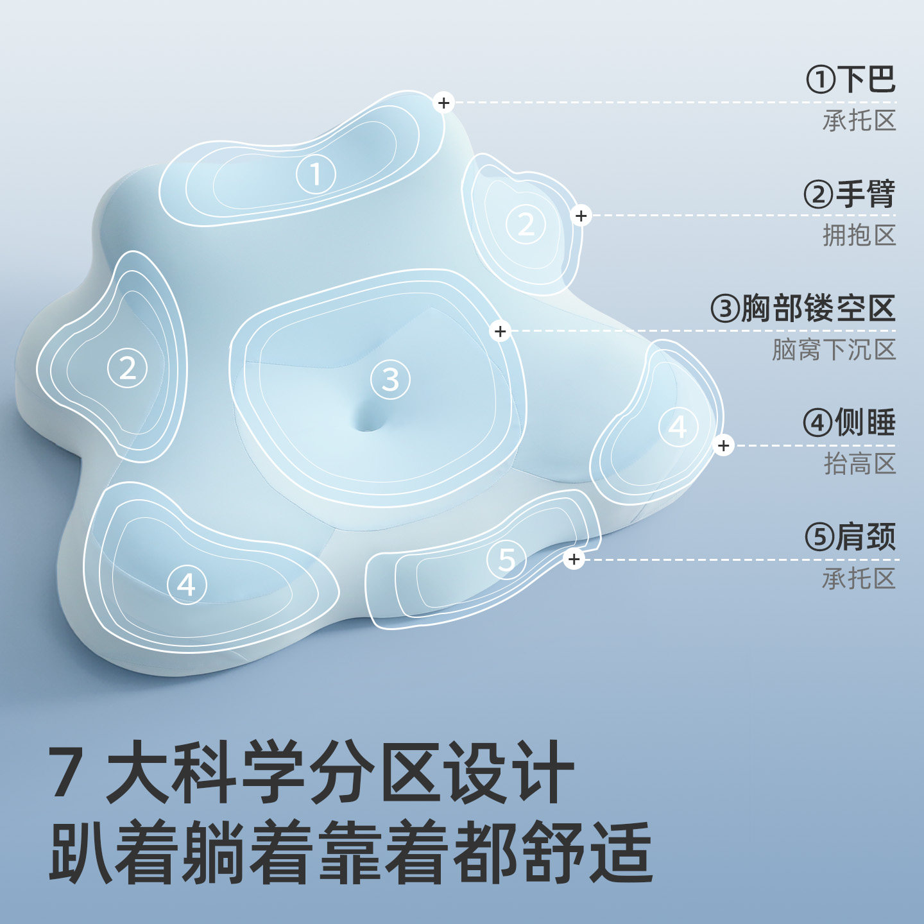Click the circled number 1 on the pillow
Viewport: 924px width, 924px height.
pyautogui.click(x=315, y=175)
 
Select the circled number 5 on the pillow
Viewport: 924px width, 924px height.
pyautogui.click(x=506, y=560)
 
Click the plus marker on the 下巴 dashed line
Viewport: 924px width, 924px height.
pyautogui.click(x=443, y=103)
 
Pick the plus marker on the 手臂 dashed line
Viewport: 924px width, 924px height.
pyautogui.click(x=581, y=216)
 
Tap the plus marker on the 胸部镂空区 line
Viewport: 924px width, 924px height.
pyautogui.click(x=500, y=332)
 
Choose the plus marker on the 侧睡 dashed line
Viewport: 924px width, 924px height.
pyautogui.click(x=723, y=445)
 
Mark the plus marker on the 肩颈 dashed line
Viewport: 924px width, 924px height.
pyautogui.click(x=574, y=560)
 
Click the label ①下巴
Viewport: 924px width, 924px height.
pyautogui.click(x=850, y=80)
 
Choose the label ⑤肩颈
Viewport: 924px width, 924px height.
pyautogui.click(x=850, y=537)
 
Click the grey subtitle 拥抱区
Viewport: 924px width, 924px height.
pyautogui.click(x=859, y=235)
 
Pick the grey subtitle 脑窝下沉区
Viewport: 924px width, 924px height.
pyautogui.click(x=834, y=350)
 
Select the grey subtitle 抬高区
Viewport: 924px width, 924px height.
pyautogui.click(x=859, y=464)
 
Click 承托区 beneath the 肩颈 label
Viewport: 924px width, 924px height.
pyautogui.click(x=859, y=579)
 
